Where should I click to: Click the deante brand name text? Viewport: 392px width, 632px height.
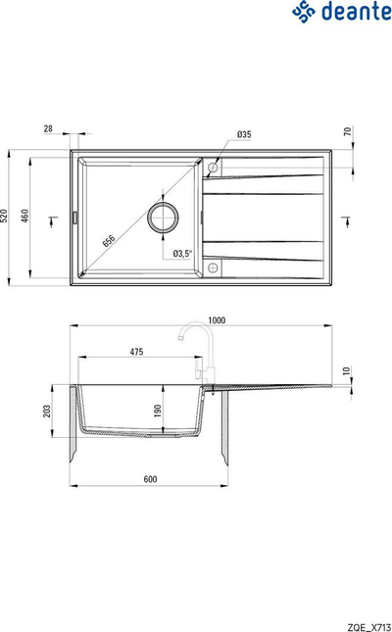356,11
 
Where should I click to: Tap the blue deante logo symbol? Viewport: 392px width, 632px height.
304,11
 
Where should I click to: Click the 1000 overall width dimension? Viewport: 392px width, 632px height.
217,320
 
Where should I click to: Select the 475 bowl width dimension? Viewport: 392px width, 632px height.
137,352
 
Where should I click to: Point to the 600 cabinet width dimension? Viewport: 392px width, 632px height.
150,479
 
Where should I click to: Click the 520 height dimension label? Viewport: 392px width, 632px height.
4,217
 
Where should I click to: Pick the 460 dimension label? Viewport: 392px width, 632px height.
25,217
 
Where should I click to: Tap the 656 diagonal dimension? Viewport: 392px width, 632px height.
109,240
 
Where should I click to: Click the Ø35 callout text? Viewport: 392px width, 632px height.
244,134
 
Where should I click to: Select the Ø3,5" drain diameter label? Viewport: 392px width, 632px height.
182,254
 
